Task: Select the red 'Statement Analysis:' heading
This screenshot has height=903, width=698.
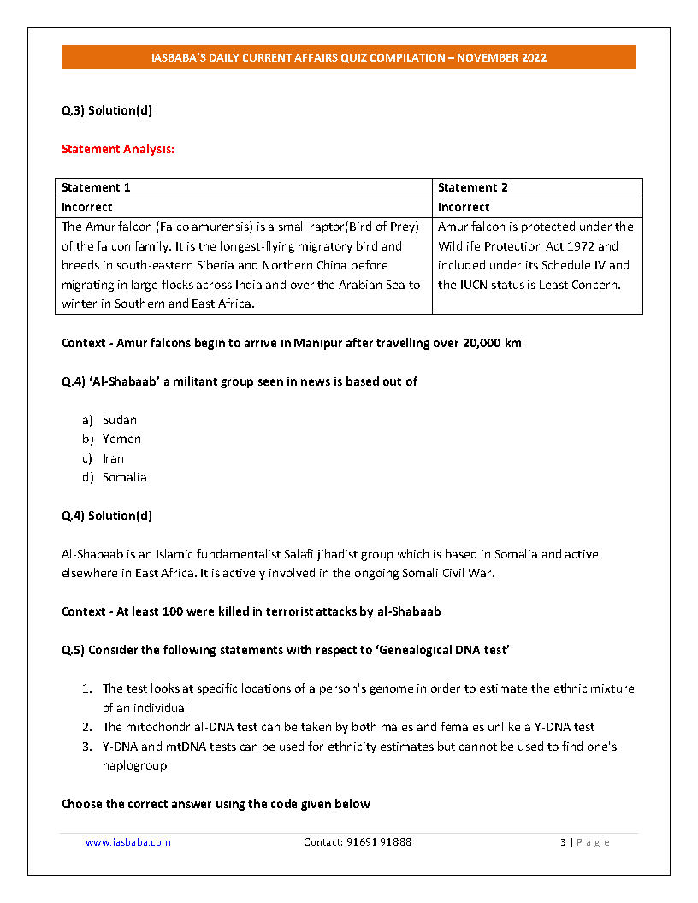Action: coord(118,149)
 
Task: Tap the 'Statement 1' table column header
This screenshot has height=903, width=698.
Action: coord(96,187)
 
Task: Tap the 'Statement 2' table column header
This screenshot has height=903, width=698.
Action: coord(472,187)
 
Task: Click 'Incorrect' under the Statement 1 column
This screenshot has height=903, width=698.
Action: coord(87,207)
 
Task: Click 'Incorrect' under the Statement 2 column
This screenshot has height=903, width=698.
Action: coord(464,207)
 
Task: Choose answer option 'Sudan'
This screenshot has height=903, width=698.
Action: coord(120,420)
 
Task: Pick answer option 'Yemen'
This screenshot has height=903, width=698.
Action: coord(121,439)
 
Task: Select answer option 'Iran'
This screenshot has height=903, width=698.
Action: coord(113,458)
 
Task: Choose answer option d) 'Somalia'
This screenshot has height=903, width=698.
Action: coord(124,477)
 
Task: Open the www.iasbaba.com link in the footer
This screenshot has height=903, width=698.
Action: coord(128,842)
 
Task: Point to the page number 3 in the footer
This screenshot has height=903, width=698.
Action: coord(563,842)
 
